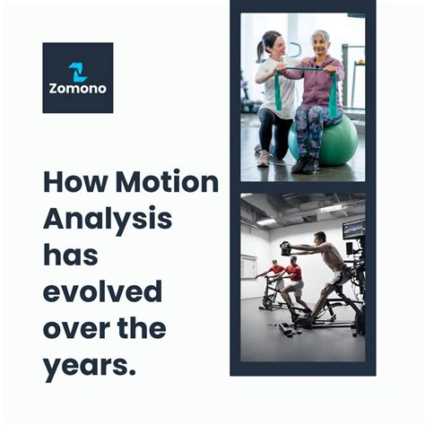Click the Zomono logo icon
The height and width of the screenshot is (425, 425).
78,71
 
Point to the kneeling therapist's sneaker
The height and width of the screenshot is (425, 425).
263,159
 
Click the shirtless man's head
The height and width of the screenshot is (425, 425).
322,240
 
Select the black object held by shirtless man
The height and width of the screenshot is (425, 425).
286,248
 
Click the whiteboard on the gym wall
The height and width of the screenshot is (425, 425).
248,265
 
